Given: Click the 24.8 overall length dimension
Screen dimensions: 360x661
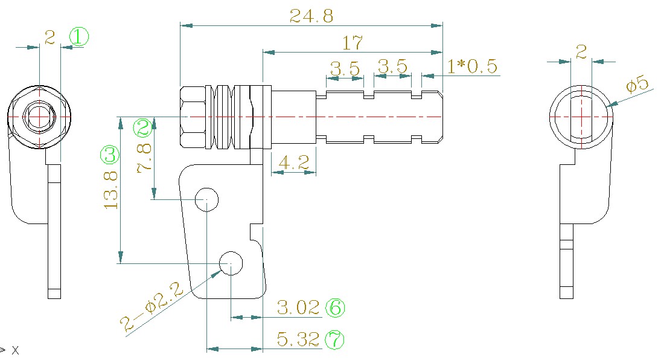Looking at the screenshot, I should (311, 16).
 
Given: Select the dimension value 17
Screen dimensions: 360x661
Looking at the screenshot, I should (352, 43).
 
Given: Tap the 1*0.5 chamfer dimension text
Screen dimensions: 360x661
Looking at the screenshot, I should (472, 66).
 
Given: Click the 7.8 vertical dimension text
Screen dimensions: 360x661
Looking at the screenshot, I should (145, 158).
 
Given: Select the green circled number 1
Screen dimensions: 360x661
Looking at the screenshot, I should (78, 37).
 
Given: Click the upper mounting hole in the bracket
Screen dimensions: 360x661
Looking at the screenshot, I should (206, 198).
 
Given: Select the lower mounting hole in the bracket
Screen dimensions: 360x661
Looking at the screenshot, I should (231, 263).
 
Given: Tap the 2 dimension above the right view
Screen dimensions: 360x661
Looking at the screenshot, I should (581, 53).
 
